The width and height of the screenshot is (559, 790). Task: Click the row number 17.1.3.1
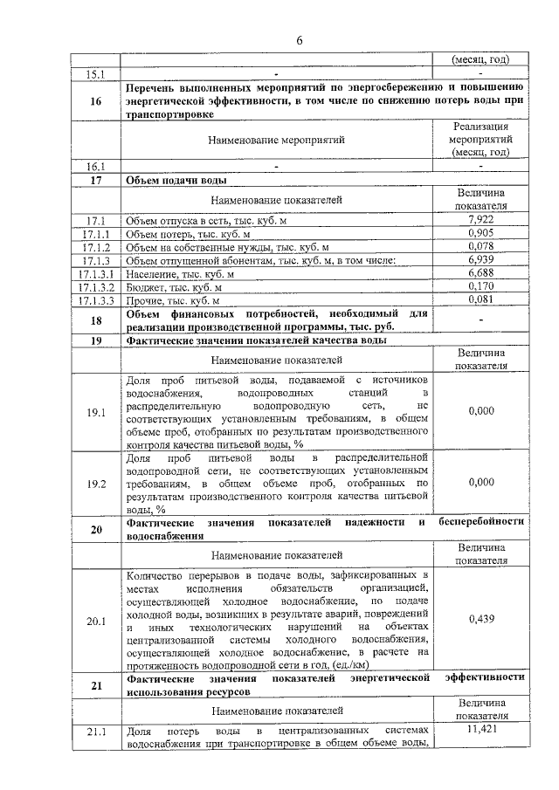96,274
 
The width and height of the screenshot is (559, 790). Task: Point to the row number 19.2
96,482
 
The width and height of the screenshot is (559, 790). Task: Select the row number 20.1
96,622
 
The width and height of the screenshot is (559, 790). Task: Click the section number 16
96,100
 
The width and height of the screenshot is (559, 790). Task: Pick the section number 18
96,320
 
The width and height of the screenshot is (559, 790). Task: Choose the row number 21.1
96,732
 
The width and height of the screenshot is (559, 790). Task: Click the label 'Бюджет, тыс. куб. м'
175,287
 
